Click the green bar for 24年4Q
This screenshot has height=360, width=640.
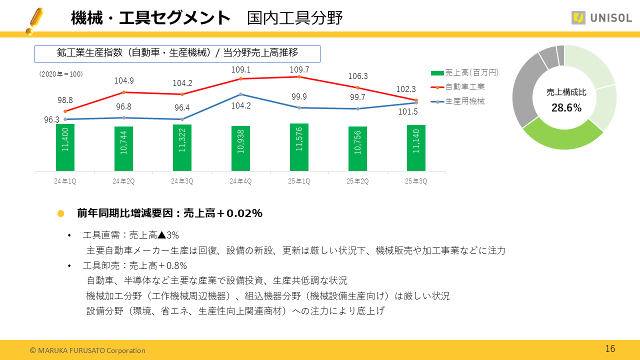point(240,148)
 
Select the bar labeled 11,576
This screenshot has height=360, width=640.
point(299,147)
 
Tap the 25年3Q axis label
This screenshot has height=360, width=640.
point(416,181)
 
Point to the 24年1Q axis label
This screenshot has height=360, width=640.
point(65,181)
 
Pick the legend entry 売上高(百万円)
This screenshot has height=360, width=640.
point(465,72)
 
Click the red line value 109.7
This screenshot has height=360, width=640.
point(299,69)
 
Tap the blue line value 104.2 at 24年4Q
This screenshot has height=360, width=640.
point(241,105)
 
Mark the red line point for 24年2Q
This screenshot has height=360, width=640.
point(123,92)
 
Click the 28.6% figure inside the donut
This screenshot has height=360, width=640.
point(566,107)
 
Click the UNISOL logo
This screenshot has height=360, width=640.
point(601,18)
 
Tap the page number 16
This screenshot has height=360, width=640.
point(610,349)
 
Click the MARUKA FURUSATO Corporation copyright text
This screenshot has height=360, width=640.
point(87,350)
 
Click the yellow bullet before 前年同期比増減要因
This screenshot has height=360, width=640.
point(61,213)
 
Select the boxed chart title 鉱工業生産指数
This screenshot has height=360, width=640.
point(177,53)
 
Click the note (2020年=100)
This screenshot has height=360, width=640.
point(60,74)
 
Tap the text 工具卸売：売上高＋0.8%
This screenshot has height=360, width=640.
point(135,265)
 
